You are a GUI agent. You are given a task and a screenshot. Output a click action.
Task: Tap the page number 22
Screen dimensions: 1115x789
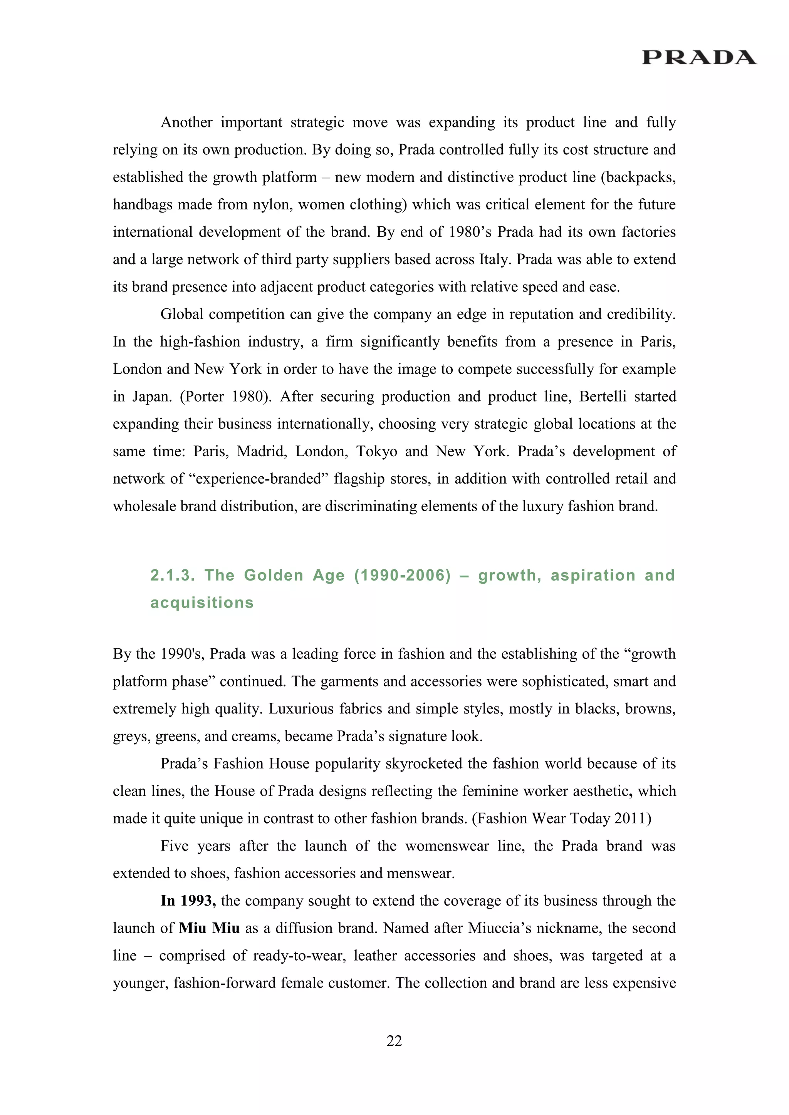(394, 1041)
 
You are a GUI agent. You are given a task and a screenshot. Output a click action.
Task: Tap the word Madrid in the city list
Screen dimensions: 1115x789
(261, 451)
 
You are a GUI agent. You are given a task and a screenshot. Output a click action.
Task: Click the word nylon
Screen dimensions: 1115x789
(272, 204)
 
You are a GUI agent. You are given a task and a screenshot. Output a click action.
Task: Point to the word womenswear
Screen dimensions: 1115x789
(447, 846)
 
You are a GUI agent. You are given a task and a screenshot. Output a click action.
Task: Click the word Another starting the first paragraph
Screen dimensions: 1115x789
(186, 122)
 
